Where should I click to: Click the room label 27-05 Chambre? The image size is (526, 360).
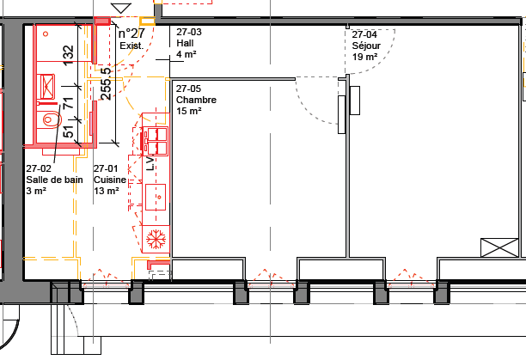pos(196,100)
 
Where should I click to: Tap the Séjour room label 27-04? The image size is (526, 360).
pos(366,46)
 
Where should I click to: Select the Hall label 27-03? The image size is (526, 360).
pos(189,43)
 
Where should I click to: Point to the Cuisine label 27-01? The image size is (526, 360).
pos(110,180)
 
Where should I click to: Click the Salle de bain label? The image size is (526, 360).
pos(54,180)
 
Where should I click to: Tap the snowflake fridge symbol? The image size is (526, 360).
pos(156,239)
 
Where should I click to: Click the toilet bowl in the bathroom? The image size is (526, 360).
pos(50,119)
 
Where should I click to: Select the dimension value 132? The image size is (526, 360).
pos(68,55)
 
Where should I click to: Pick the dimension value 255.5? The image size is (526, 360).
pos(106,84)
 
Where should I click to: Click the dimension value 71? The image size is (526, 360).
pos(68,102)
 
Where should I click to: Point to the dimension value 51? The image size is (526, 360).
pos(68,131)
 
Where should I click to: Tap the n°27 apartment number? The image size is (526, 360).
pos(131,34)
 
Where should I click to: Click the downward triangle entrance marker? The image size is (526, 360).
pos(121,9)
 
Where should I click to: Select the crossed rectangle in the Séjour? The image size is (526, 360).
pos(499,247)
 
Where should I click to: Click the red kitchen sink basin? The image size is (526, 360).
pos(156,197)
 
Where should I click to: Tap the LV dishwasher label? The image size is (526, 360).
pos(150,163)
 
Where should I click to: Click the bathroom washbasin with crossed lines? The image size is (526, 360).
pos(47,87)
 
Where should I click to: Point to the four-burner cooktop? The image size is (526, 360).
pos(156,141)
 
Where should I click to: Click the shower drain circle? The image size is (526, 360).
pos(46,34)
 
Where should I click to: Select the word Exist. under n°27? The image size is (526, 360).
pos(131,46)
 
